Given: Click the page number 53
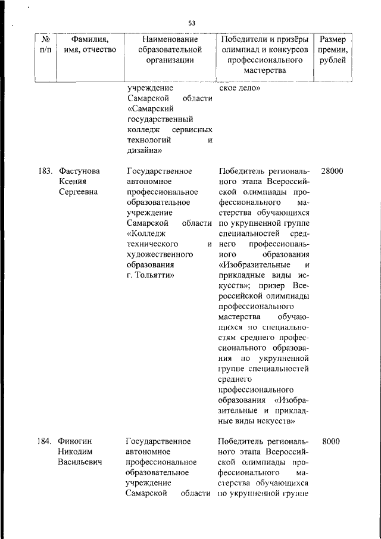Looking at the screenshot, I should pyautogui.click(x=192, y=23).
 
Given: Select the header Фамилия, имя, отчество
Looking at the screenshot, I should pyautogui.click(x=90, y=44).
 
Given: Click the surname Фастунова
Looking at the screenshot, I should pyautogui.click(x=79, y=171).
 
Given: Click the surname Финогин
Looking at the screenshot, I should pyautogui.click(x=76, y=441).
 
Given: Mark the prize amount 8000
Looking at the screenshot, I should pyautogui.click(x=331, y=441).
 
